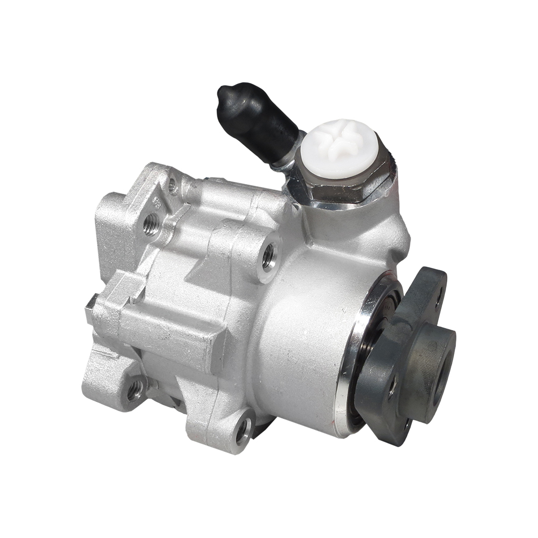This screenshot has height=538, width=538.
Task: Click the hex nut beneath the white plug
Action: click(344, 188)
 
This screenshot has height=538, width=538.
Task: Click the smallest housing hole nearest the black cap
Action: click(173, 186)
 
